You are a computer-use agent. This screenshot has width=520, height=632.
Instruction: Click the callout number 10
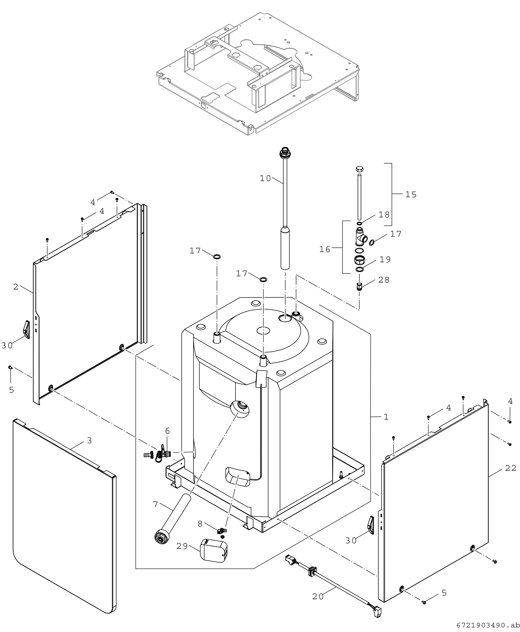265,179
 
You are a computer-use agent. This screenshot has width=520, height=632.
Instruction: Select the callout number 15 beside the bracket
411,195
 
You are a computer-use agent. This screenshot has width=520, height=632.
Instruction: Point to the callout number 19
385,259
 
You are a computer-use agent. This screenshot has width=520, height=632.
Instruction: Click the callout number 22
511,468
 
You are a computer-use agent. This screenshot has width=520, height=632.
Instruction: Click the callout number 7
155,504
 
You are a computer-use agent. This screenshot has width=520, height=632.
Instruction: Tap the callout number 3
89,440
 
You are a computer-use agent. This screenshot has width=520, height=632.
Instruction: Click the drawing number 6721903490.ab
488,625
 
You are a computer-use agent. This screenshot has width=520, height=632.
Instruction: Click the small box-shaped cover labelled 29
213,551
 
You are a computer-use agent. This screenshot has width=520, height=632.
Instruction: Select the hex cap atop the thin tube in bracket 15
360,169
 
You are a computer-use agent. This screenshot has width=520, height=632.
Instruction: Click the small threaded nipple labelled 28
359,286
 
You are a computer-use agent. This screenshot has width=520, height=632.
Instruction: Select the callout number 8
200,524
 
